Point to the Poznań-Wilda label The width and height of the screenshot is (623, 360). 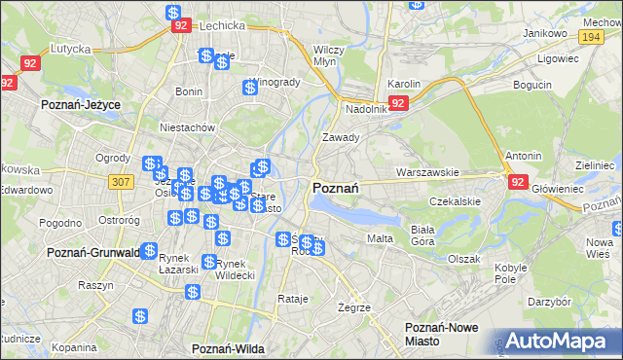[230, 348]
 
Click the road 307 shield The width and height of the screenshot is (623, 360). [121, 182]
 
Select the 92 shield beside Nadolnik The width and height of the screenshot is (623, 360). [397, 102]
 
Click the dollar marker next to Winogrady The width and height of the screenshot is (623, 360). [250, 88]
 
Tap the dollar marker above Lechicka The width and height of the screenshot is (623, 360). [172, 14]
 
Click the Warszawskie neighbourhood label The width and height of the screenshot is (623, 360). [427, 172]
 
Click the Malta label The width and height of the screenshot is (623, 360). [379, 238]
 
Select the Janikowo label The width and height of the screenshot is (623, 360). [544, 33]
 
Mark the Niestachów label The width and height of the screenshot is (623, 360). [187, 127]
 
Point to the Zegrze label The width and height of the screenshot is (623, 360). [354, 307]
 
